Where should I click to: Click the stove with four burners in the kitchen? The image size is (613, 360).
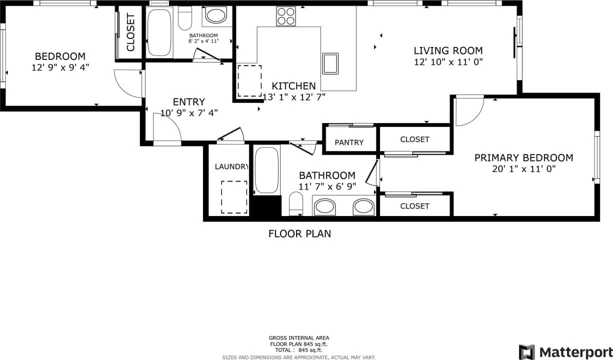click(286, 16)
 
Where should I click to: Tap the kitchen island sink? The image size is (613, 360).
click(330, 63)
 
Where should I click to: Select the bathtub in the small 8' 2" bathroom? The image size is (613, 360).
click(159, 32)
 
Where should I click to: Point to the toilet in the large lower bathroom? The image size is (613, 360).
click(296, 204)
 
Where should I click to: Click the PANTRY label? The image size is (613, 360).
click(349, 142)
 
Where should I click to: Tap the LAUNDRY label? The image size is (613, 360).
click(231, 166)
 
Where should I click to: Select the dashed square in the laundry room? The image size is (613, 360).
click(234, 197)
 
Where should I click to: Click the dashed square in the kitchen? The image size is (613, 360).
click(249, 81)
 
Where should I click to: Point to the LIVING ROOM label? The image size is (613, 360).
click(448, 50)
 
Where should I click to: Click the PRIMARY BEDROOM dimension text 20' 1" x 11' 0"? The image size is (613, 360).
click(523, 169)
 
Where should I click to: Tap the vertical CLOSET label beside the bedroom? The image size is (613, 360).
click(130, 33)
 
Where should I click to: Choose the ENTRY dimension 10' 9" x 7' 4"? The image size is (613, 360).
click(189, 113)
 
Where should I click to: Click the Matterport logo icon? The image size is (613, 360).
click(526, 351)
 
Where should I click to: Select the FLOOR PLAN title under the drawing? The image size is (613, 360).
click(299, 233)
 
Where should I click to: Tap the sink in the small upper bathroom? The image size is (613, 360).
click(216, 15)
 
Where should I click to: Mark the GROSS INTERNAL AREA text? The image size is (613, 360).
click(299, 338)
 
